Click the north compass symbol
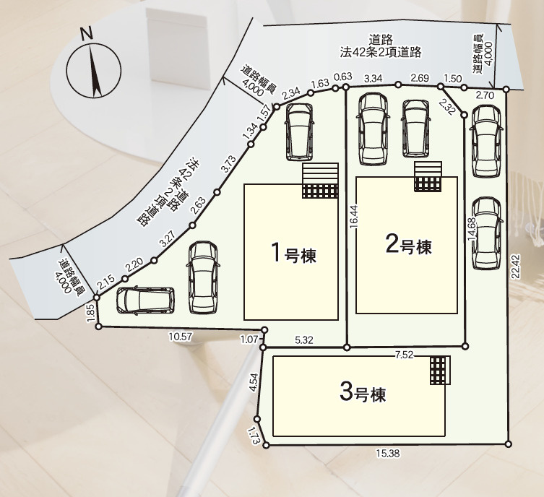pyautogui.click(x=92, y=68)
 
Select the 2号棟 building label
pyautogui.click(x=408, y=246)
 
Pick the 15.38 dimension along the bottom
pyautogui.click(x=387, y=454)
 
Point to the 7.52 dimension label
pyautogui.click(x=405, y=354)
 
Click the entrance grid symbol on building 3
pyautogui.click(x=439, y=371)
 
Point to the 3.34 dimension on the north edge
pyautogui.click(x=374, y=78)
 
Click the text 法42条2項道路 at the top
pyautogui.click(x=381, y=53)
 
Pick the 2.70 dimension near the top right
pyautogui.click(x=486, y=95)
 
